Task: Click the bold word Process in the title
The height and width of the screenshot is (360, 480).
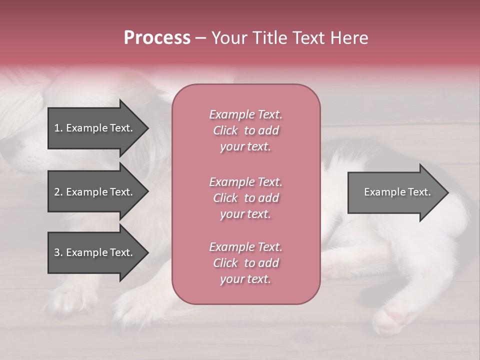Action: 157,38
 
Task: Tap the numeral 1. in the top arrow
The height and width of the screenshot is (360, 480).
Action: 58,128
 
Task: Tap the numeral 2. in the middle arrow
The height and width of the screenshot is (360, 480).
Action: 58,192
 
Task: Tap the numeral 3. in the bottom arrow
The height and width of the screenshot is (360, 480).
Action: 58,252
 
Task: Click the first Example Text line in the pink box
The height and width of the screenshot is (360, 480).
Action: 245,114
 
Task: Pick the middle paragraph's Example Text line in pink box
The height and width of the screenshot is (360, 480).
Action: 245,182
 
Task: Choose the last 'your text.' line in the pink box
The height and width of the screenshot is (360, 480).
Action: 245,279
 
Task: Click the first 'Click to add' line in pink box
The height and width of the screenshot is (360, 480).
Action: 245,130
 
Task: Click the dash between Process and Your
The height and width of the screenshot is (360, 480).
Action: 200,38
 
